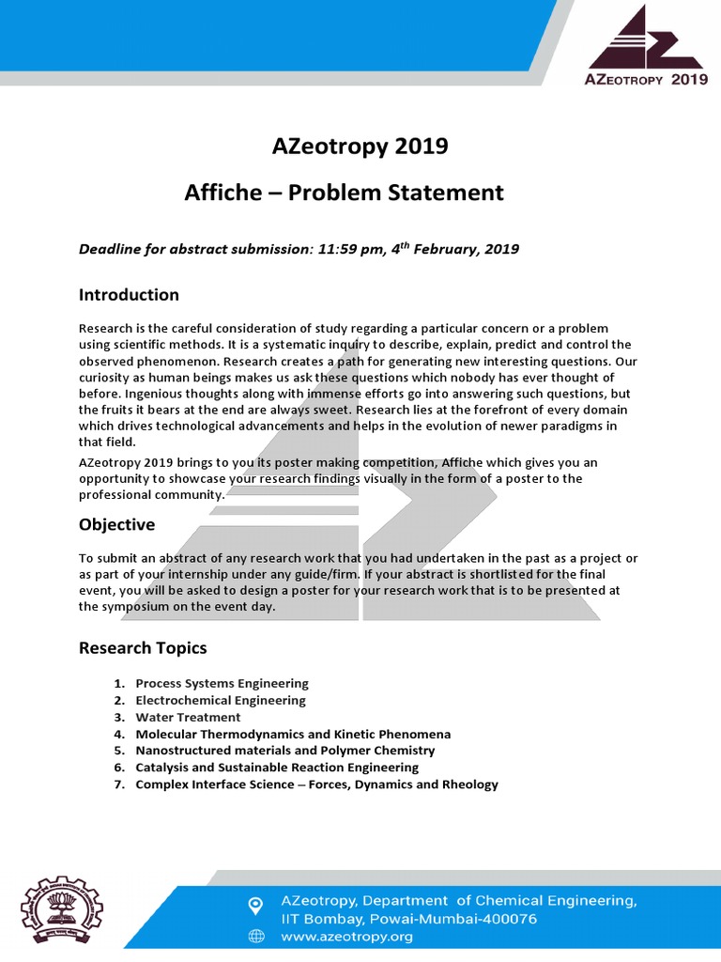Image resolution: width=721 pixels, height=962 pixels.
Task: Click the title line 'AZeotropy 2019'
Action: pyautogui.click(x=360, y=147)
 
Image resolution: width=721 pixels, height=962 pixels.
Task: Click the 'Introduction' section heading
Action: pyautogui.click(x=129, y=295)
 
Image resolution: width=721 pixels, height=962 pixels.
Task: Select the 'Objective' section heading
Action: pyautogui.click(x=116, y=524)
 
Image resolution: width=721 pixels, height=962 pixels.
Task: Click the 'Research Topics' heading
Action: pyautogui.click(x=143, y=648)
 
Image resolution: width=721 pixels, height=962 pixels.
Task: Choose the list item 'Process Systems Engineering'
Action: pyautogui.click(x=222, y=683)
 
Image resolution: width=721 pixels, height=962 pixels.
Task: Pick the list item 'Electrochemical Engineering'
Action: pyautogui.click(x=221, y=700)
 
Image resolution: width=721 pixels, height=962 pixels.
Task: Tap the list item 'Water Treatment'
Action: pyautogui.click(x=188, y=717)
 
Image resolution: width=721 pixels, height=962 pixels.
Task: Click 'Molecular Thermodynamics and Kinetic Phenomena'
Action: pyautogui.click(x=293, y=734)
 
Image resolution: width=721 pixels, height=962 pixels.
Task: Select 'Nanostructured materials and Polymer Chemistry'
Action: pyautogui.click(x=284, y=751)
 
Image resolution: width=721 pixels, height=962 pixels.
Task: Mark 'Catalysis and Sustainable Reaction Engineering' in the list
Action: pyautogui.click(x=277, y=768)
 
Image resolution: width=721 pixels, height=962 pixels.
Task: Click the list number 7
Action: pyautogui.click(x=119, y=784)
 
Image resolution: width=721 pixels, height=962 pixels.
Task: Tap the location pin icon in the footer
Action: pyautogui.click(x=254, y=905)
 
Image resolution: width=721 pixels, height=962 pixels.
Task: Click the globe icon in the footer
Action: pyautogui.click(x=254, y=936)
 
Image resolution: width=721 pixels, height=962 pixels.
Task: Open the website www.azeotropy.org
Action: pyautogui.click(x=346, y=937)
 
